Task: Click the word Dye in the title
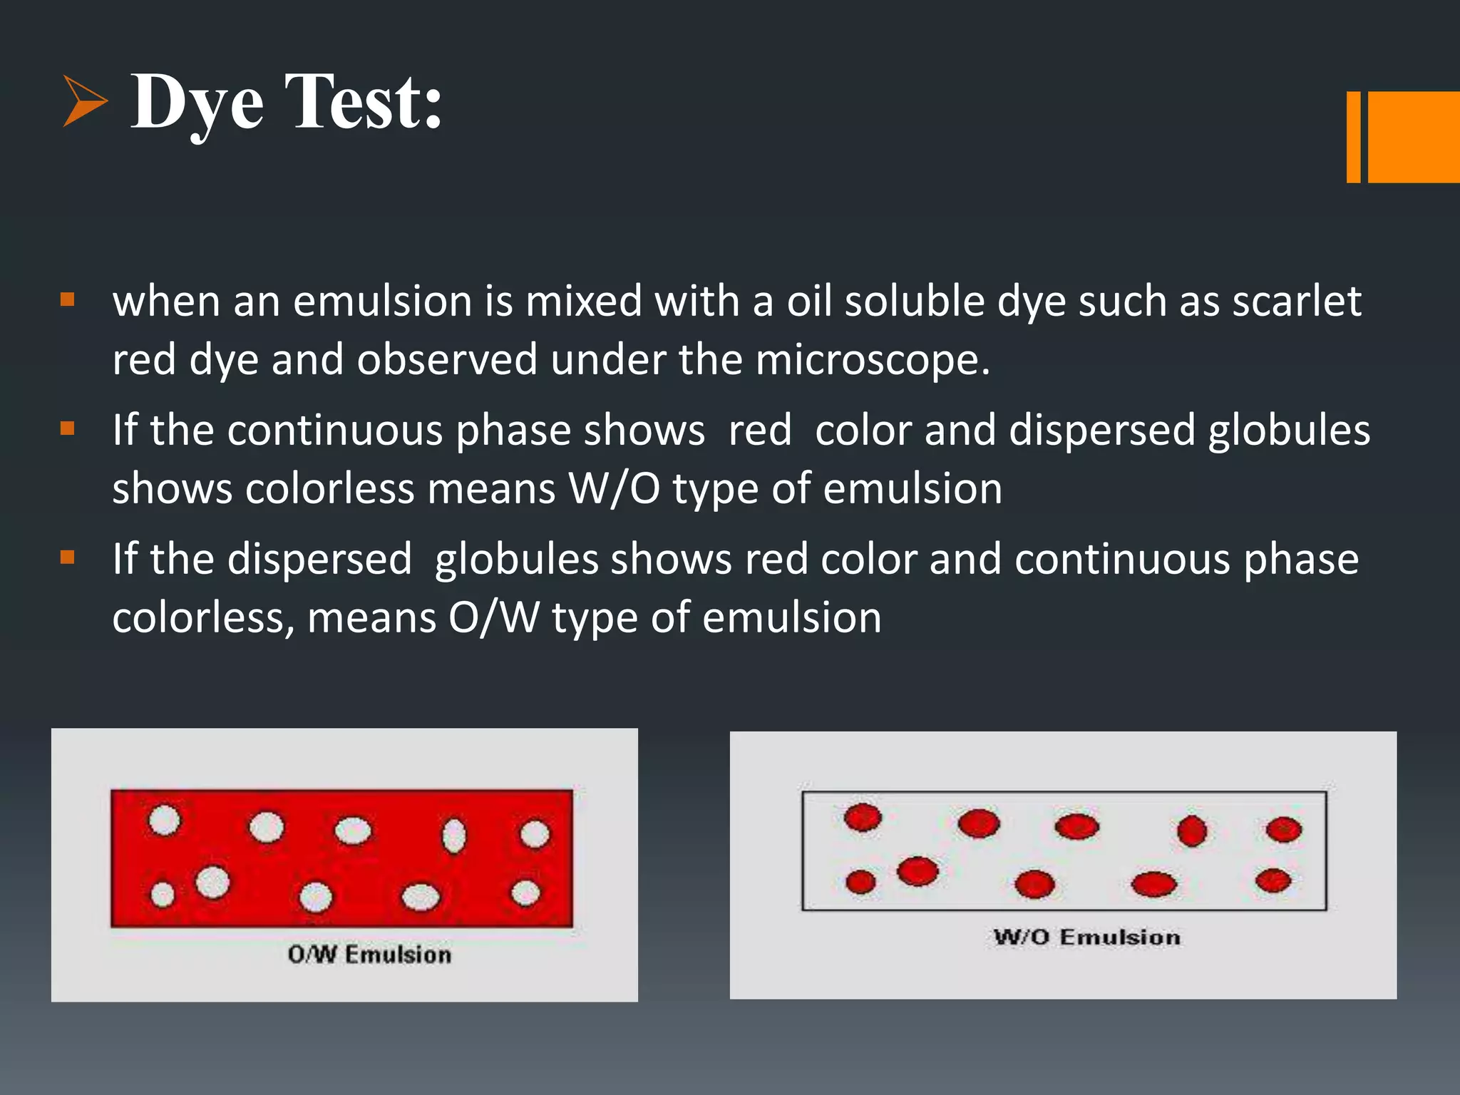coord(197,103)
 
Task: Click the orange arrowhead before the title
coord(84,101)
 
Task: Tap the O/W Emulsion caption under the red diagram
coord(369,955)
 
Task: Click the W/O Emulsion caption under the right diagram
coord(1087,937)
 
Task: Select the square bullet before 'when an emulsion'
coord(68,299)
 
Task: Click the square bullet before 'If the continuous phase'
coord(68,428)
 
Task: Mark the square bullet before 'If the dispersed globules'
coord(68,557)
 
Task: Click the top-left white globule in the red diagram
coord(164,820)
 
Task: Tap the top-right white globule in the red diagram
coord(535,834)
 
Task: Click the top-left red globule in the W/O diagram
coord(863,817)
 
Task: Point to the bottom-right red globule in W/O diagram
coord(1273,880)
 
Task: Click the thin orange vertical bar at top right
coord(1353,137)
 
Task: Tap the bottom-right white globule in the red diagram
coord(525,893)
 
